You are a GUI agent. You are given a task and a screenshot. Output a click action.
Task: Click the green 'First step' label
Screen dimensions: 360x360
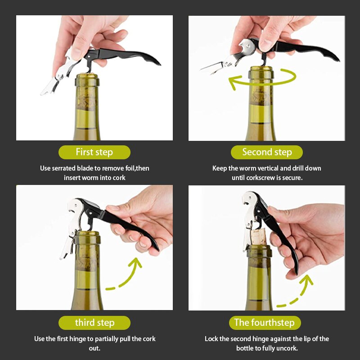click(x=94, y=152)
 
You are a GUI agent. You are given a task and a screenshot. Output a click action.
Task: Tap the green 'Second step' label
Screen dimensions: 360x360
click(x=267, y=152)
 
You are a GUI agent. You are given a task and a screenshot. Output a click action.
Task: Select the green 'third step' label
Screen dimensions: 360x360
click(x=94, y=323)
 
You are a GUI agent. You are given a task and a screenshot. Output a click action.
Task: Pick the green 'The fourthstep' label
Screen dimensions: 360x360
click(x=265, y=323)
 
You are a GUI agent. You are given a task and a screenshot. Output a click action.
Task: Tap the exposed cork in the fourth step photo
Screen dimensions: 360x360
click(x=258, y=237)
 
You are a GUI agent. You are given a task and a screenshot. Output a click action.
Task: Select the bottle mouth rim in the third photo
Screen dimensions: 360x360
click(x=87, y=234)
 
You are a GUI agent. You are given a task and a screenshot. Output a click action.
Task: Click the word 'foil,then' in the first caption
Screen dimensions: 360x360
click(x=137, y=168)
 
